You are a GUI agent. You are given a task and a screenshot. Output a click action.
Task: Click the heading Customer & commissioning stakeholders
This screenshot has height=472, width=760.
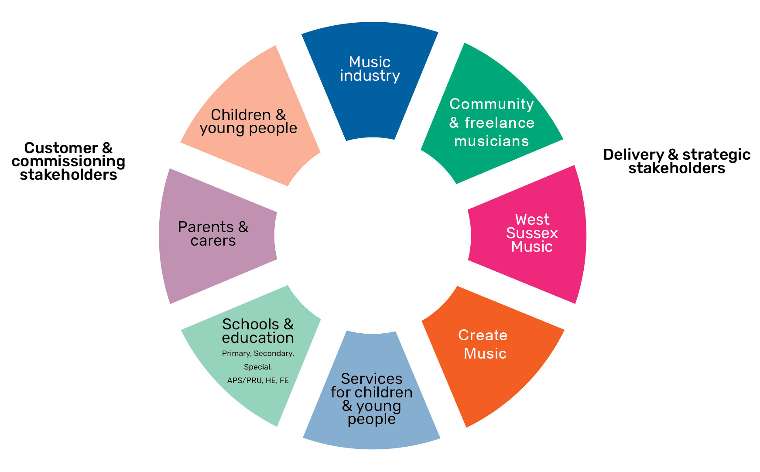[x=68, y=161]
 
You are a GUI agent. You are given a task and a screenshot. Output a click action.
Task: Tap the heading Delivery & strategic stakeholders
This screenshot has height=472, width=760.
[x=677, y=161]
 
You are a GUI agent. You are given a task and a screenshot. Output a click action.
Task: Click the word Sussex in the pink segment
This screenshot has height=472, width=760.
[x=532, y=233]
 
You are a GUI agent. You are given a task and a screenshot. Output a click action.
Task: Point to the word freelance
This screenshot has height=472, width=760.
[x=500, y=123]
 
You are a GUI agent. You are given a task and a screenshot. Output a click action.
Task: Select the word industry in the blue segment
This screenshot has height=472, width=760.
[x=370, y=75]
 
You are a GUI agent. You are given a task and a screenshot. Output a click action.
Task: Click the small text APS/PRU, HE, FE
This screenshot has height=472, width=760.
[x=258, y=380]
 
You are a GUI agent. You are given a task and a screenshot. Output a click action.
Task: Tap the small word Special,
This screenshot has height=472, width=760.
[x=258, y=367]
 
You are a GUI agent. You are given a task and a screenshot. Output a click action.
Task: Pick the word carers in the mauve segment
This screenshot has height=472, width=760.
[x=213, y=241]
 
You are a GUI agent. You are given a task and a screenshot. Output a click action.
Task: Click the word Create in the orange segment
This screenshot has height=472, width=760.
[x=483, y=335]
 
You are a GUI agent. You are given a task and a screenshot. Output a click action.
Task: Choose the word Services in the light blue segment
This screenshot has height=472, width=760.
[x=372, y=379]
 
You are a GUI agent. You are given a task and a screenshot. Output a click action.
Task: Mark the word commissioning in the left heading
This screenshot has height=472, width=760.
[x=68, y=161]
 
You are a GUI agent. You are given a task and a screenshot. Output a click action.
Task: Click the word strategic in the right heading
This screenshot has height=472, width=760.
[x=716, y=155]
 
